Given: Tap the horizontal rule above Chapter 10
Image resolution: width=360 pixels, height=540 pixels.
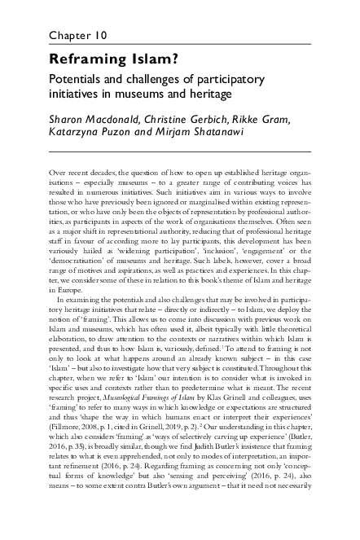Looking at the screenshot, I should (x=179, y=17).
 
